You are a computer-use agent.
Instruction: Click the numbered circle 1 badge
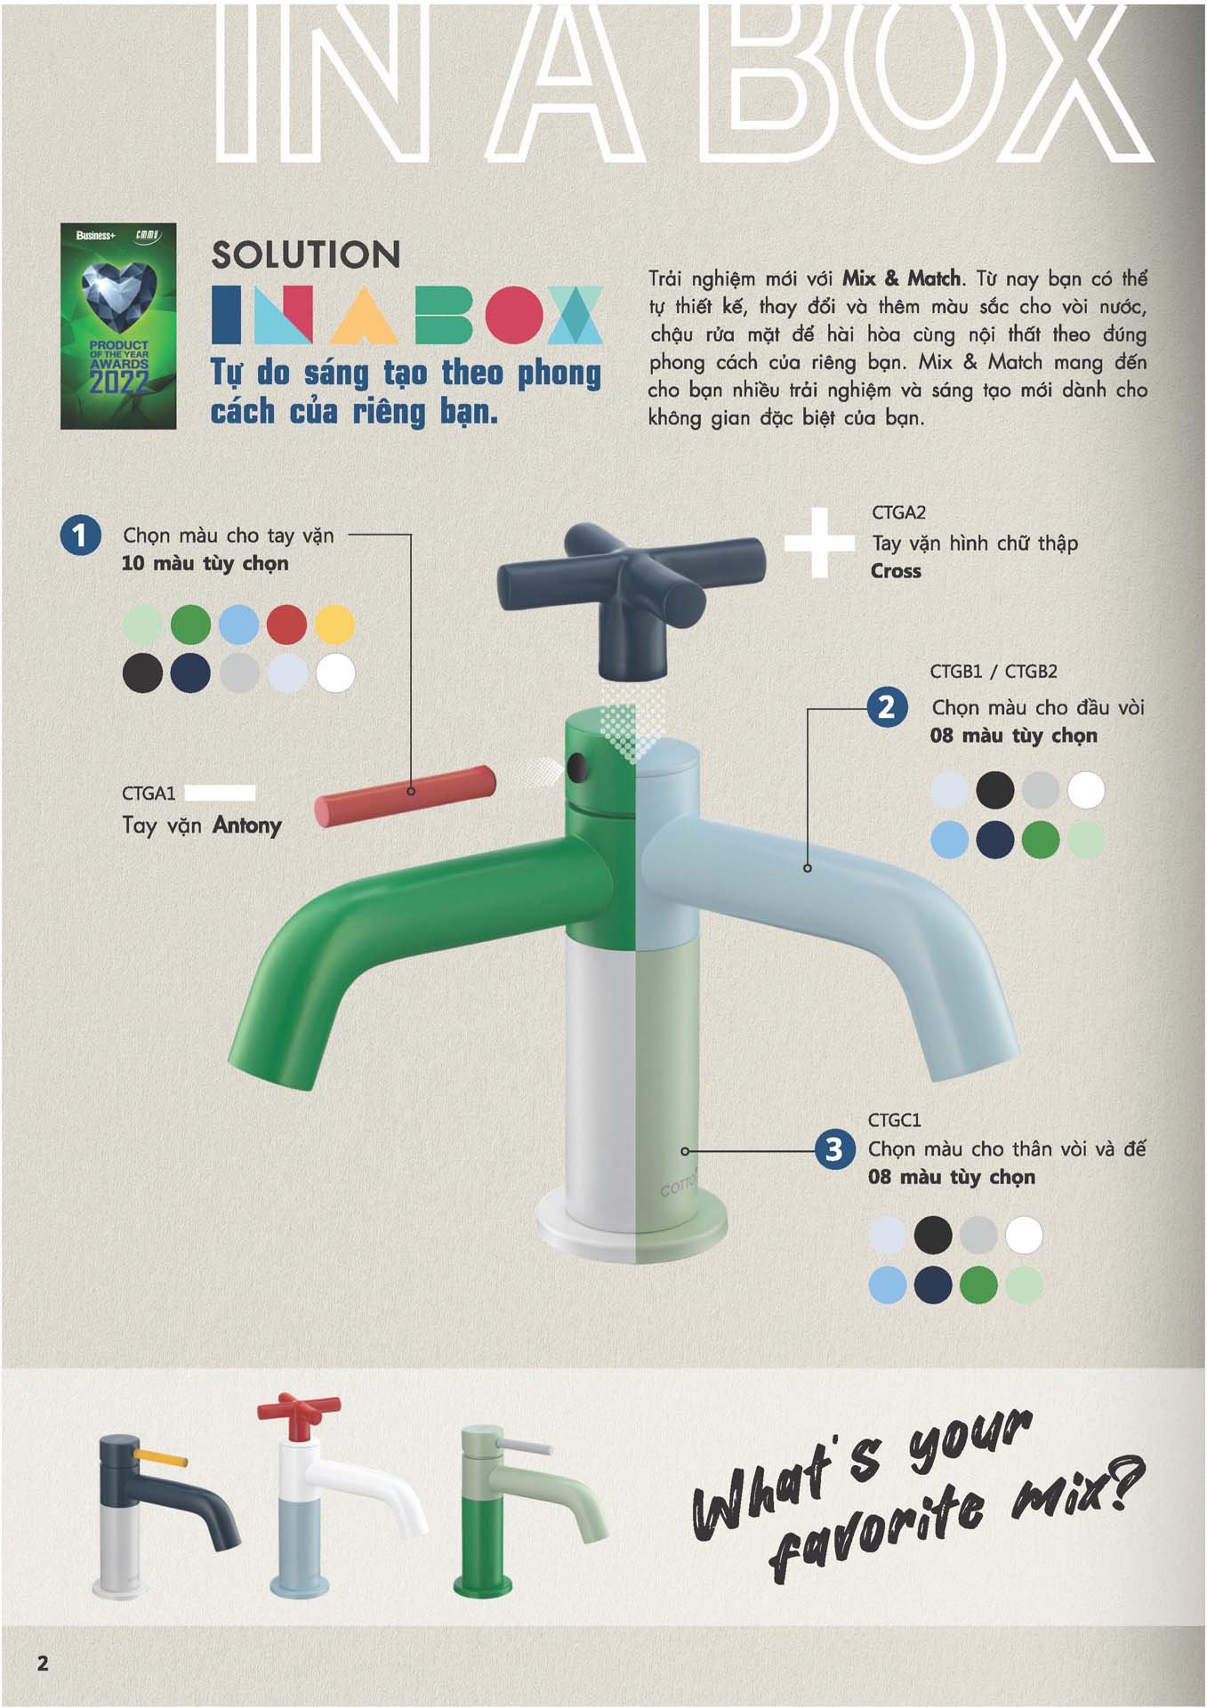click(x=80, y=535)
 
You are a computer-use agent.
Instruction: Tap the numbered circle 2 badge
click(x=887, y=707)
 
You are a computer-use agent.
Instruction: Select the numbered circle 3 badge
click(x=834, y=1149)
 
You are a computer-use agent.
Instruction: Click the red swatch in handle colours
click(x=286, y=624)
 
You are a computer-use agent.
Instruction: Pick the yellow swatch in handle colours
click(x=334, y=624)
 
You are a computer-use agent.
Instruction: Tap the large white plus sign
click(x=819, y=543)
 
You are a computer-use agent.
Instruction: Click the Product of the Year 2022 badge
click(x=118, y=326)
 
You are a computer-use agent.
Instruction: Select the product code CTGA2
click(x=898, y=512)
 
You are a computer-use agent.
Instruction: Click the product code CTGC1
click(x=895, y=1120)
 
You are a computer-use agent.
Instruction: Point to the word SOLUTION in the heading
click(x=306, y=255)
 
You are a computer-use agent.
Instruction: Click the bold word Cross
click(x=896, y=571)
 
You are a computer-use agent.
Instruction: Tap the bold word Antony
click(x=247, y=826)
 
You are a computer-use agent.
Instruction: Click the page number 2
click(x=43, y=1663)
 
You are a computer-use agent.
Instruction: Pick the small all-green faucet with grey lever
click(x=532, y=1512)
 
